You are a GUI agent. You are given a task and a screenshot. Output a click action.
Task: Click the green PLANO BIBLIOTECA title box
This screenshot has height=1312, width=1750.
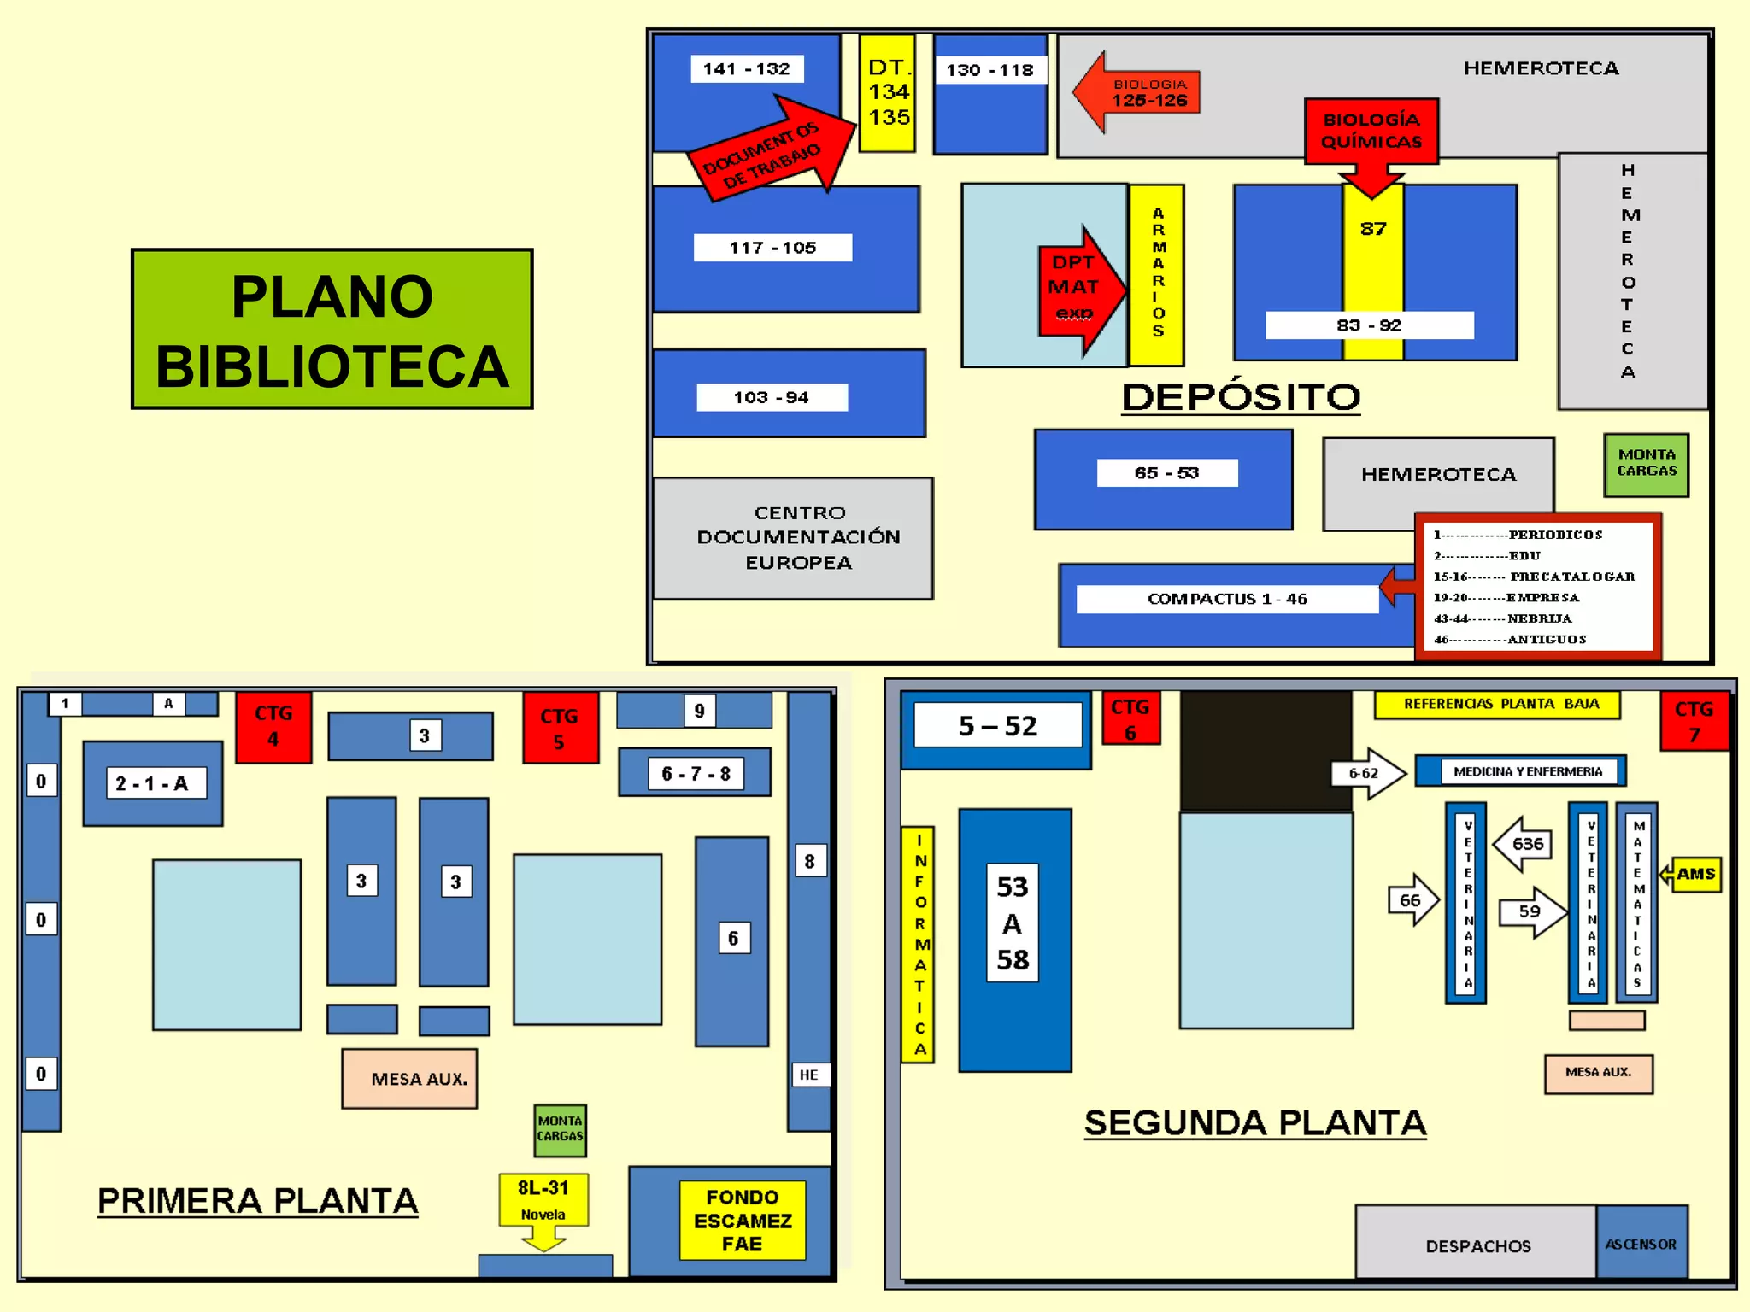pos(332,329)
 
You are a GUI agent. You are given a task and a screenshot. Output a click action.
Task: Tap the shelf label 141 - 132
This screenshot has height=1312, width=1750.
pos(746,68)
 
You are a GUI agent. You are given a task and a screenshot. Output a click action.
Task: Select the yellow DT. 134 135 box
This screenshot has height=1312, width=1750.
pos(887,93)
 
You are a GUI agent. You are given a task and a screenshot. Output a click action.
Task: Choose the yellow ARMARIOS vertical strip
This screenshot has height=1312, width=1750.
pos(1157,273)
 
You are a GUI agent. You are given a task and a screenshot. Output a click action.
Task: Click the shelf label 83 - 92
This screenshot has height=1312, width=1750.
pos(1369,325)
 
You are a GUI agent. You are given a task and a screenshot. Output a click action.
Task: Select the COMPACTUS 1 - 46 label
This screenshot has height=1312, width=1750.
pos(1226,599)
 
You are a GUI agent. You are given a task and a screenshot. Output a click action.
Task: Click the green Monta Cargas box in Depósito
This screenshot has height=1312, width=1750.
pos(1646,464)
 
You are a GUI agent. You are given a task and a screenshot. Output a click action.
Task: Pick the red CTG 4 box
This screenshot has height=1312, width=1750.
pos(273,726)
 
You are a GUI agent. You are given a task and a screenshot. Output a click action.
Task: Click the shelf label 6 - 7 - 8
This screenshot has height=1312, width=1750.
pos(695,774)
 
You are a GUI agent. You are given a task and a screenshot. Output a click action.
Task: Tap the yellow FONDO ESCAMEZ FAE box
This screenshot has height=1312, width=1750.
pos(742,1220)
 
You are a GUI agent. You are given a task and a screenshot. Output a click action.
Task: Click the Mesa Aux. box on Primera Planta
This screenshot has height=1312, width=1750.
pos(410,1078)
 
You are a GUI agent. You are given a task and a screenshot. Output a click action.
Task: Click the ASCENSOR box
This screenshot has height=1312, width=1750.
pos(1641,1244)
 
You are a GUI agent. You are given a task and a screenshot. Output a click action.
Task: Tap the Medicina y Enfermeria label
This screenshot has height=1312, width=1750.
pos(1527,771)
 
